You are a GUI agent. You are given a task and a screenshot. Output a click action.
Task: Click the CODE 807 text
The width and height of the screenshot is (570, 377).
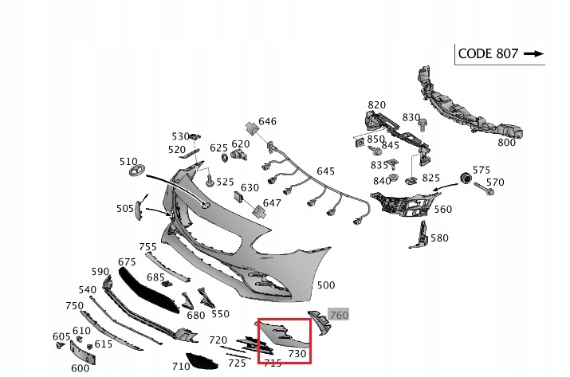[488, 54]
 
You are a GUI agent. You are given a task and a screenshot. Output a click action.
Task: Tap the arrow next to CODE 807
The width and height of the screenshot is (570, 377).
[533, 54]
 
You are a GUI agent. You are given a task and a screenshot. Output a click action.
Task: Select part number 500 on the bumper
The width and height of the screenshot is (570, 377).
[326, 285]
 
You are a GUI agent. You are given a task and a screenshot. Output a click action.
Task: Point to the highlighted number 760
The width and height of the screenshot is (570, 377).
[339, 315]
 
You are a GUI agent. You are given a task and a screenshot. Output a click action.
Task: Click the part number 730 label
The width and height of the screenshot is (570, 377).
[297, 353]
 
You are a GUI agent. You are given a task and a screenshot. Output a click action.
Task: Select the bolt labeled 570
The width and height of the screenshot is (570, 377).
[483, 188]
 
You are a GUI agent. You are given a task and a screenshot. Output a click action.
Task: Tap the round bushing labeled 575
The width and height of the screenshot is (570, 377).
[466, 179]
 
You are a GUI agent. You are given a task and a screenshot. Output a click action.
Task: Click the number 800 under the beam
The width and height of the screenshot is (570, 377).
[506, 143]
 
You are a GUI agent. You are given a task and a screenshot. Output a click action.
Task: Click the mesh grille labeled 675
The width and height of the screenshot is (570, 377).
[149, 290]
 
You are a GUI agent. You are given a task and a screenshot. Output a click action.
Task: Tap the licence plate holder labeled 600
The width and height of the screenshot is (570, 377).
[83, 351]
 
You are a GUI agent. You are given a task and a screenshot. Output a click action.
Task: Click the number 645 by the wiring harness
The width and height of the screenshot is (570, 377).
[325, 171]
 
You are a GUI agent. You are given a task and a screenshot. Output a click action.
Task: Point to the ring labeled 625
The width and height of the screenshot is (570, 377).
[225, 158]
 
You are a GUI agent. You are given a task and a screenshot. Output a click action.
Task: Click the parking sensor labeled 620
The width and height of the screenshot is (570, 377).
[239, 155]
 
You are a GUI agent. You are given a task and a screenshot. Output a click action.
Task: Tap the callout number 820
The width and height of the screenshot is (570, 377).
[376, 104]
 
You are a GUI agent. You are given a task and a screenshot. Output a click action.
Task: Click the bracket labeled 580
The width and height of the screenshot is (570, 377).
[419, 235]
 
